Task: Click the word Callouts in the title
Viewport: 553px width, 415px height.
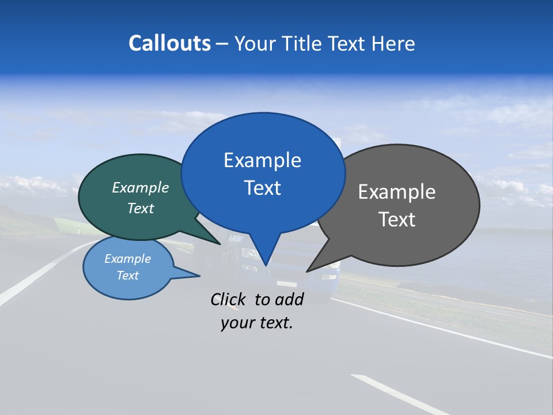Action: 170,43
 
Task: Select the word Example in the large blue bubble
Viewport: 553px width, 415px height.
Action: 262,160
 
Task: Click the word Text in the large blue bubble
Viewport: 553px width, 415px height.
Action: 262,188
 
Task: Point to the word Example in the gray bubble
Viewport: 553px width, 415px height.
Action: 397,192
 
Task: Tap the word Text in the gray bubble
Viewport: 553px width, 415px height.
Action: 397,220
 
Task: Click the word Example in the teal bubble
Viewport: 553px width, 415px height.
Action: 141,188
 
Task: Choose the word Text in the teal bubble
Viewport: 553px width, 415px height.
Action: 141,208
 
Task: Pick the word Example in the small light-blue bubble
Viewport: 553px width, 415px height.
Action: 127,259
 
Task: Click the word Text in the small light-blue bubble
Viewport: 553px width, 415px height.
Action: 127,276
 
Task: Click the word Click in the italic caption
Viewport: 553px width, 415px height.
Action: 229,299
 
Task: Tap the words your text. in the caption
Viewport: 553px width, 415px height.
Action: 257,323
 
